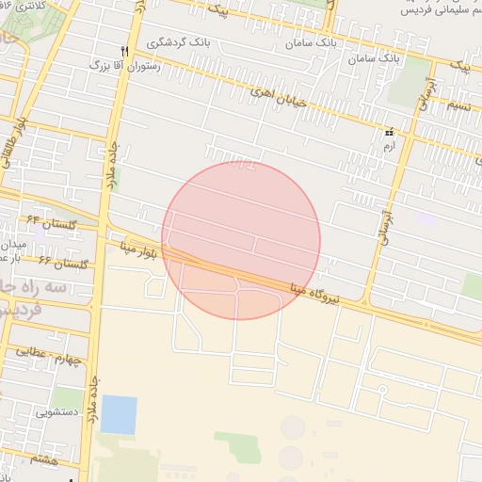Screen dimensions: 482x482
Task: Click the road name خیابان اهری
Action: (280, 95)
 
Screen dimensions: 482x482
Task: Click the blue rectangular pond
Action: (119, 415)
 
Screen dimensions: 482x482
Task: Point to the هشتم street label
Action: (43, 458)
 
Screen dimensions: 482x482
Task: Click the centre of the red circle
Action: (241, 240)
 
